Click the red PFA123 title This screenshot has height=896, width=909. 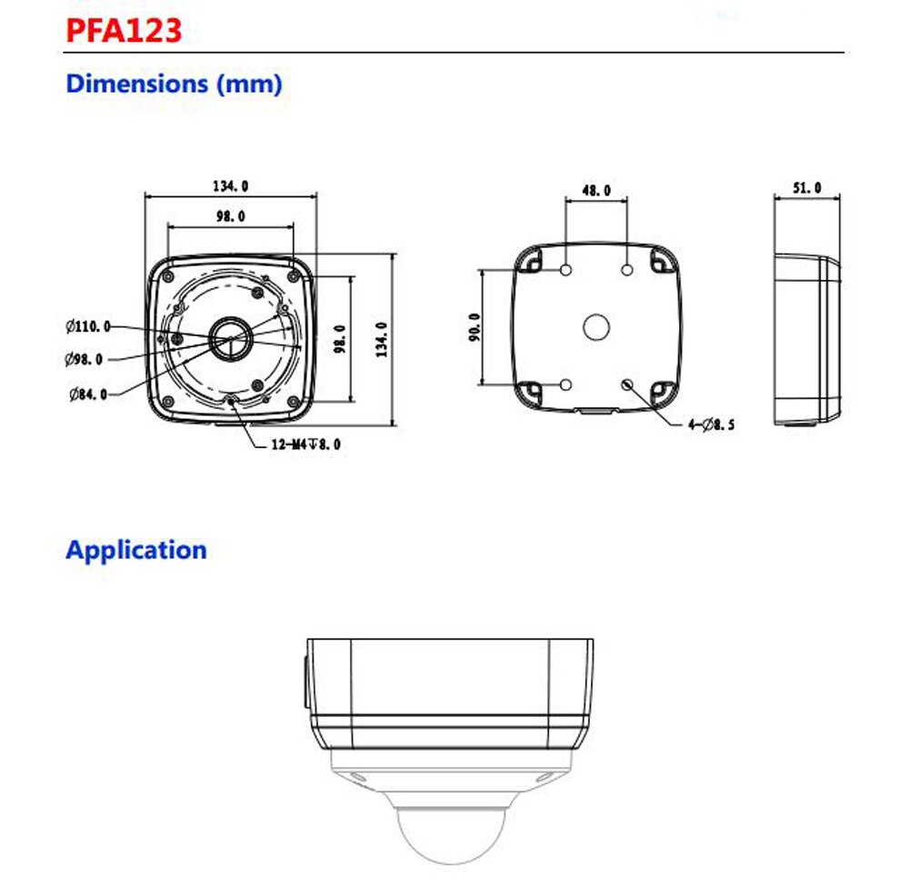click(125, 30)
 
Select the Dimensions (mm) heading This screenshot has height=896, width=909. click(174, 84)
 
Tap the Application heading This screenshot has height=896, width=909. click(135, 550)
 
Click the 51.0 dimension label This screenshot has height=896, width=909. click(807, 188)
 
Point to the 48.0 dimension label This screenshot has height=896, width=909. click(596, 191)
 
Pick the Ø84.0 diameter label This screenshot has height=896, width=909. click(87, 393)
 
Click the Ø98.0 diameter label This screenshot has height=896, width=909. click(84, 359)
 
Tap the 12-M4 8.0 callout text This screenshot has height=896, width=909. click(305, 444)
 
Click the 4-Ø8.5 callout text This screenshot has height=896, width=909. click(711, 424)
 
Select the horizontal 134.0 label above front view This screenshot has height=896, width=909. click(231, 186)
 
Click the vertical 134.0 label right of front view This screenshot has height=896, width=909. click(382, 339)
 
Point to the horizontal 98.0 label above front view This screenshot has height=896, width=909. click(230, 216)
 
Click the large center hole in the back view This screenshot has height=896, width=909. click(596, 326)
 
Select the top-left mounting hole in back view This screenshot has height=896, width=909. click(565, 271)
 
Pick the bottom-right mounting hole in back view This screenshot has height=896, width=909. click(627, 385)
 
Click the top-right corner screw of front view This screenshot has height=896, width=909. click(292, 274)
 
